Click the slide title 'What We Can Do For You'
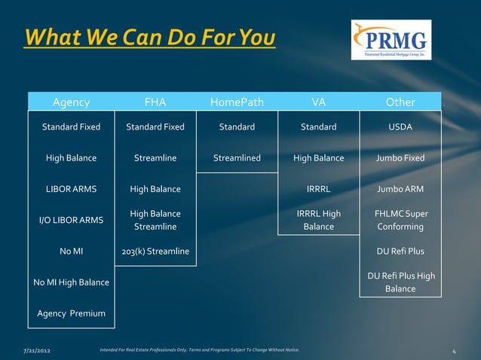tap(149, 37)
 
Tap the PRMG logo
tap(391, 40)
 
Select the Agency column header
tap(71, 102)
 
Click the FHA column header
tap(155, 102)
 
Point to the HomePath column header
tap(237, 102)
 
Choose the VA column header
tap(319, 102)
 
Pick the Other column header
tap(400, 102)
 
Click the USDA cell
tap(400, 127)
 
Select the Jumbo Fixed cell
tap(400, 158)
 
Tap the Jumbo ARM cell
tap(400, 189)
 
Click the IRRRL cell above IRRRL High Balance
tap(319, 189)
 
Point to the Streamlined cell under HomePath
tap(237, 158)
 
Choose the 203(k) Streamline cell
tap(155, 251)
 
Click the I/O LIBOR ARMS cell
tap(71, 220)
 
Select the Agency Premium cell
tap(71, 313)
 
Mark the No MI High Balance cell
tap(71, 282)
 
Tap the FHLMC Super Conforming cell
tap(400, 220)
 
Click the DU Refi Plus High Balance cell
tap(400, 282)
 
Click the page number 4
tap(455, 351)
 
